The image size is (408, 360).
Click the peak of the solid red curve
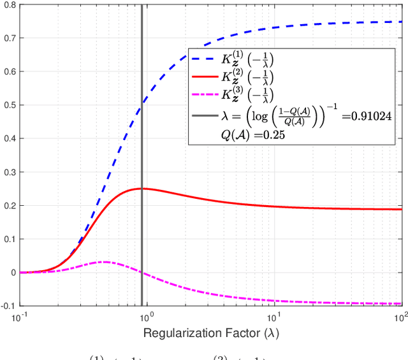[143, 189]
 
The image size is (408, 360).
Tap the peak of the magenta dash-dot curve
[103, 262]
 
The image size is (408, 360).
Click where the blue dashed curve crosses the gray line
[142, 104]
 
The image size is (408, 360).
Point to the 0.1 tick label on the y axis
[10, 239]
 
